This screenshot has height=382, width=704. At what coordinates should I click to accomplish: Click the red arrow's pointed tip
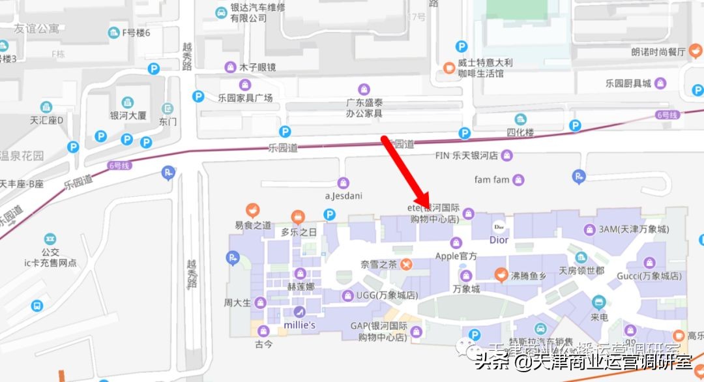(x=427, y=207)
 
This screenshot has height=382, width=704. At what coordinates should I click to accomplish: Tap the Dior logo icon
(x=499, y=227)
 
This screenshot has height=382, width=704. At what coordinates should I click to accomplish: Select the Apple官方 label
(x=456, y=256)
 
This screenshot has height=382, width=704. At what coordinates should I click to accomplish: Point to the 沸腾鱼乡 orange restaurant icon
(x=501, y=275)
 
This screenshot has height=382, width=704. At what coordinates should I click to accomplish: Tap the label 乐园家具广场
(x=245, y=98)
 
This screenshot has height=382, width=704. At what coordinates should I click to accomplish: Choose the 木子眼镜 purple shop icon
(x=229, y=66)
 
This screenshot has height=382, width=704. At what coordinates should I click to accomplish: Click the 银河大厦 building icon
(x=128, y=102)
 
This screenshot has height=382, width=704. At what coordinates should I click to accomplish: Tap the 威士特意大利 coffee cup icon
(x=448, y=67)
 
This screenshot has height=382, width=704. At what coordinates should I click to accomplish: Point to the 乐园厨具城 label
(x=628, y=83)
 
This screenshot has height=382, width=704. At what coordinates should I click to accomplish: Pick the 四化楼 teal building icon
(x=520, y=119)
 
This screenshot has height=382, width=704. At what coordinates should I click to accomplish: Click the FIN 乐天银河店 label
(x=466, y=156)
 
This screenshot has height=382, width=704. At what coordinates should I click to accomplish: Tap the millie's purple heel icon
(x=299, y=311)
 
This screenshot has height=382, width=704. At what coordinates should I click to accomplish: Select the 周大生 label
(x=237, y=302)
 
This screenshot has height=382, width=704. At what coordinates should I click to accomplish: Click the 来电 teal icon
(x=599, y=302)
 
